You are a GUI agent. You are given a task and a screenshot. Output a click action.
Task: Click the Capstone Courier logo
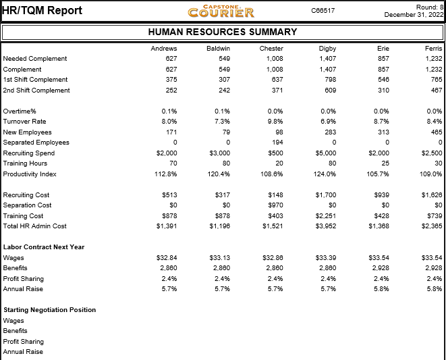(x=221, y=11)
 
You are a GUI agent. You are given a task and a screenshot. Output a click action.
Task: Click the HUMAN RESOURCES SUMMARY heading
(x=223, y=32)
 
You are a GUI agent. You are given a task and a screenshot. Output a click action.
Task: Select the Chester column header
(x=271, y=49)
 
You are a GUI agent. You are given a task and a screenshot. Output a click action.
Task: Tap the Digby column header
(x=327, y=49)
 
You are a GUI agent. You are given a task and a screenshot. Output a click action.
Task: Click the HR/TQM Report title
(x=42, y=11)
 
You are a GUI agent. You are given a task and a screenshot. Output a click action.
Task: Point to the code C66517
(x=323, y=11)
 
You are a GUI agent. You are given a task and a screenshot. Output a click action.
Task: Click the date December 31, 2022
(x=414, y=15)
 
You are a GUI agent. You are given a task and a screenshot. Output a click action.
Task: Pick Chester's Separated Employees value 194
(x=277, y=143)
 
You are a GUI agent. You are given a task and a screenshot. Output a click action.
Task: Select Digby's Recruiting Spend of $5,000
(x=326, y=153)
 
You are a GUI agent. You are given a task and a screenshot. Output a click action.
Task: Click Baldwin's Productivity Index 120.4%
(x=219, y=174)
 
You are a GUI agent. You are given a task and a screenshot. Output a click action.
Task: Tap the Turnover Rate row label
(x=24, y=122)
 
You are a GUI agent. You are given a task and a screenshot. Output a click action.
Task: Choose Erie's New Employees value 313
(x=383, y=132)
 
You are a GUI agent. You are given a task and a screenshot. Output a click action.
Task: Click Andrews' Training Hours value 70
(x=173, y=163)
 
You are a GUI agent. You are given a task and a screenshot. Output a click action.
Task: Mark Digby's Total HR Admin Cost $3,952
(x=326, y=226)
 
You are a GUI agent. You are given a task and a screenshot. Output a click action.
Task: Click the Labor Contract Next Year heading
(x=44, y=247)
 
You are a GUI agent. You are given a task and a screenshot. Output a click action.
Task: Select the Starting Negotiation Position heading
(x=50, y=310)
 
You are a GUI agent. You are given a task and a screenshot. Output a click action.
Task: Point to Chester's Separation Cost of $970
(x=275, y=205)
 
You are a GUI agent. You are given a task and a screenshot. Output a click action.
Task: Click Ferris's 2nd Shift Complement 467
(x=437, y=91)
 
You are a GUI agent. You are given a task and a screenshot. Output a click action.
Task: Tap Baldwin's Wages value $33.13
(x=219, y=258)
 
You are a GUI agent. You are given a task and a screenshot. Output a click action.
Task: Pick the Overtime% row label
(x=20, y=111)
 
